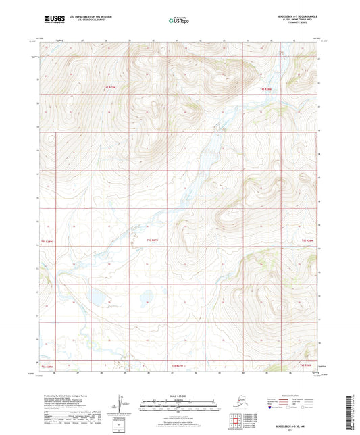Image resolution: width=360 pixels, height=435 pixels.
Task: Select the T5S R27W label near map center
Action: coord(154,240)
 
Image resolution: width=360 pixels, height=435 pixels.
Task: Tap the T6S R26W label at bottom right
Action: coord(306,365)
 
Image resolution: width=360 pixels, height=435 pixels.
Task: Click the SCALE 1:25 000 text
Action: coord(179,396)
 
